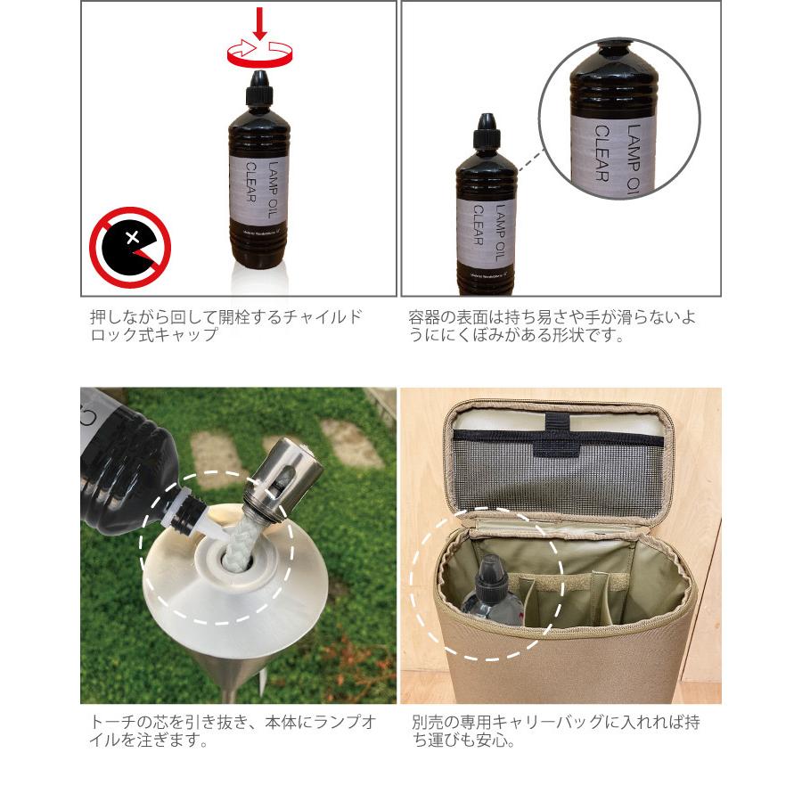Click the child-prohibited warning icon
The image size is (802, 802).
pyautogui.click(x=130, y=247)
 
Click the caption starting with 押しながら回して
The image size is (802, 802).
pyautogui.click(x=226, y=326)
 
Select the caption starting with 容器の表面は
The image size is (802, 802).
pyautogui.click(x=552, y=326)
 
